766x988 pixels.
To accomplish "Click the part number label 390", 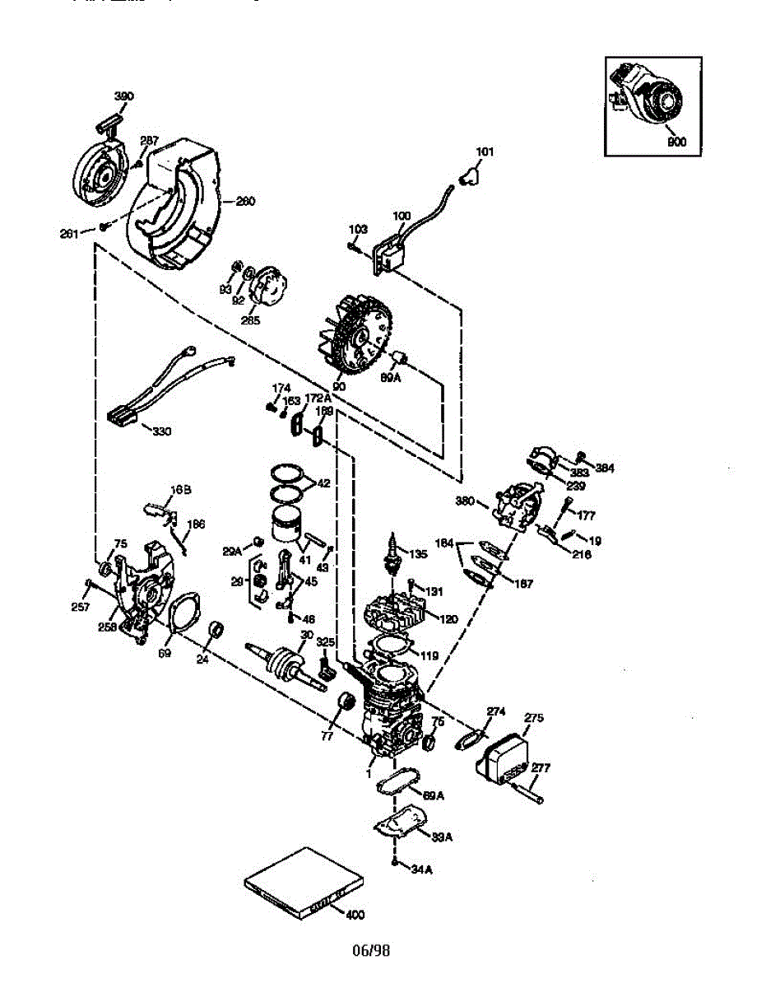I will pos(123,96).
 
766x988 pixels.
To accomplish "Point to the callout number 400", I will pos(355,914).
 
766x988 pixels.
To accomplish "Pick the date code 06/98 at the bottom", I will pos(371,951).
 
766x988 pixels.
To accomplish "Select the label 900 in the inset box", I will pos(676,141).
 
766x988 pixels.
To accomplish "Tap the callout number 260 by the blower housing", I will pos(245,200).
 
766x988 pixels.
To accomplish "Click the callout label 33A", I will pos(442,837).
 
